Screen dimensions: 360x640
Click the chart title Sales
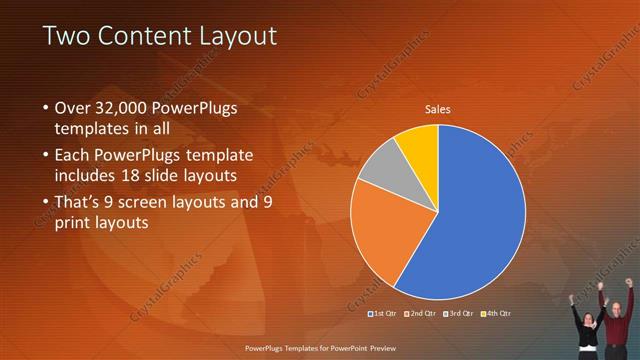[x=438, y=109]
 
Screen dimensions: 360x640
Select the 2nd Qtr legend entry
[x=421, y=314]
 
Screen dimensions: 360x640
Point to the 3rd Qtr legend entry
[x=458, y=314]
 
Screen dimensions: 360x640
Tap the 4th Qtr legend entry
[x=494, y=314]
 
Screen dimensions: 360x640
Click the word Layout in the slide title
[x=238, y=37]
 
